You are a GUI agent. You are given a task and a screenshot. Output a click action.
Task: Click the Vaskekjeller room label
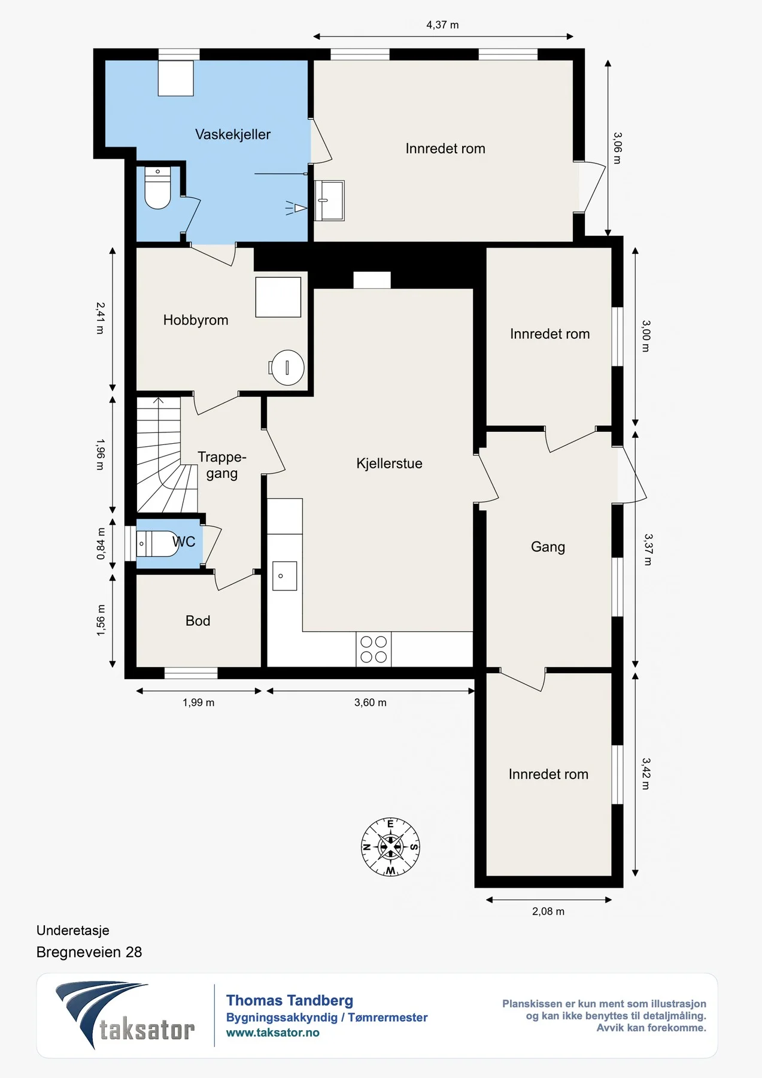(233, 135)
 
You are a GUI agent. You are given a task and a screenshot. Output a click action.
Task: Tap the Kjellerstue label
(389, 464)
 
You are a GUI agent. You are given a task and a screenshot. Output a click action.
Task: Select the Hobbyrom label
(196, 320)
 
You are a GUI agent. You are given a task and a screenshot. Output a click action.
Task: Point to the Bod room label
(198, 621)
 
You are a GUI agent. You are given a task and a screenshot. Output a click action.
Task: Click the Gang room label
(548, 547)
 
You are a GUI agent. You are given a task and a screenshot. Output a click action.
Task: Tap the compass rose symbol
(390, 847)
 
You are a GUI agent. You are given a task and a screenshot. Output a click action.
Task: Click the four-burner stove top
(374, 649)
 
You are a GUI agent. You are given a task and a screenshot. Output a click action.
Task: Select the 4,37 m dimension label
(442, 25)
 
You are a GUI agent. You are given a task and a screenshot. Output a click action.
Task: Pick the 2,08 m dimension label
(548, 912)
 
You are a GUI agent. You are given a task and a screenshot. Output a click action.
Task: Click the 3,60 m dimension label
(371, 702)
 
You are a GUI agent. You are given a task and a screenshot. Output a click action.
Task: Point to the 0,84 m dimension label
(101, 544)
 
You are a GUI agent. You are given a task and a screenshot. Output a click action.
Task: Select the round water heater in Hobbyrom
(287, 368)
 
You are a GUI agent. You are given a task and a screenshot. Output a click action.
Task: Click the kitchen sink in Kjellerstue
(284, 576)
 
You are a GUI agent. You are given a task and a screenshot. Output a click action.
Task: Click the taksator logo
(125, 1015)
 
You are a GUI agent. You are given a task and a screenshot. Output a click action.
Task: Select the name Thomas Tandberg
(290, 1001)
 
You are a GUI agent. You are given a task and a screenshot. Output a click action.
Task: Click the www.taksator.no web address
(272, 1032)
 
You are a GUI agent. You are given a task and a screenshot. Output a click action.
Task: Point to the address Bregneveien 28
(89, 952)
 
